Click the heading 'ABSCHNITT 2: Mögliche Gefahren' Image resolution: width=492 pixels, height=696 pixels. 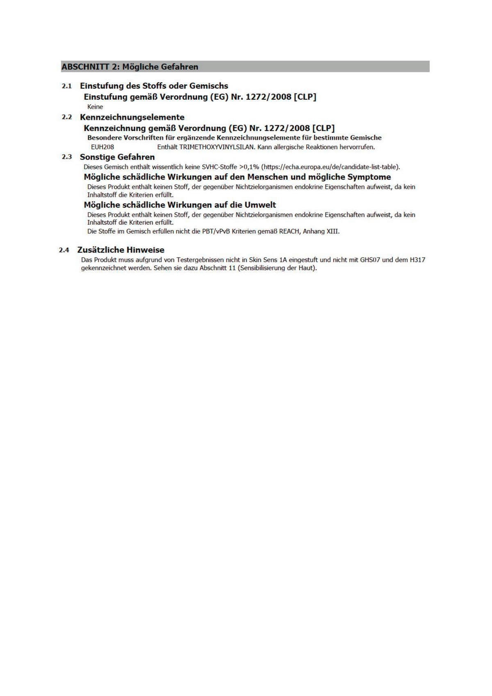(130, 67)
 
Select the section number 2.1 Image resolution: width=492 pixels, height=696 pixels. (67, 86)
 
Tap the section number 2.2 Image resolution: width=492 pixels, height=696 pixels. (67, 117)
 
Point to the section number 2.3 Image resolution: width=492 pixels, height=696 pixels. (67, 157)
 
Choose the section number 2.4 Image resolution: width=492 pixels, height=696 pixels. (64, 250)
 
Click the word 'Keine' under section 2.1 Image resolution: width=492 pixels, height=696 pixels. (95, 107)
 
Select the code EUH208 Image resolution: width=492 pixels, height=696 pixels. (102, 147)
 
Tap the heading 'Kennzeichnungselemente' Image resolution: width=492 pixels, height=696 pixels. (132, 117)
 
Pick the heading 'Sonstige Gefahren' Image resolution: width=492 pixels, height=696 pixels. (117, 157)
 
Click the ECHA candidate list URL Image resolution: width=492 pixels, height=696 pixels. (330, 167)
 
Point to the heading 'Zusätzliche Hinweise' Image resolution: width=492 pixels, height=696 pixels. (121, 250)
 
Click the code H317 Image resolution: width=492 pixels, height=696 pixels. (417, 260)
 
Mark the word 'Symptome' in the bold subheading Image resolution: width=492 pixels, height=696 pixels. (369, 177)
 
